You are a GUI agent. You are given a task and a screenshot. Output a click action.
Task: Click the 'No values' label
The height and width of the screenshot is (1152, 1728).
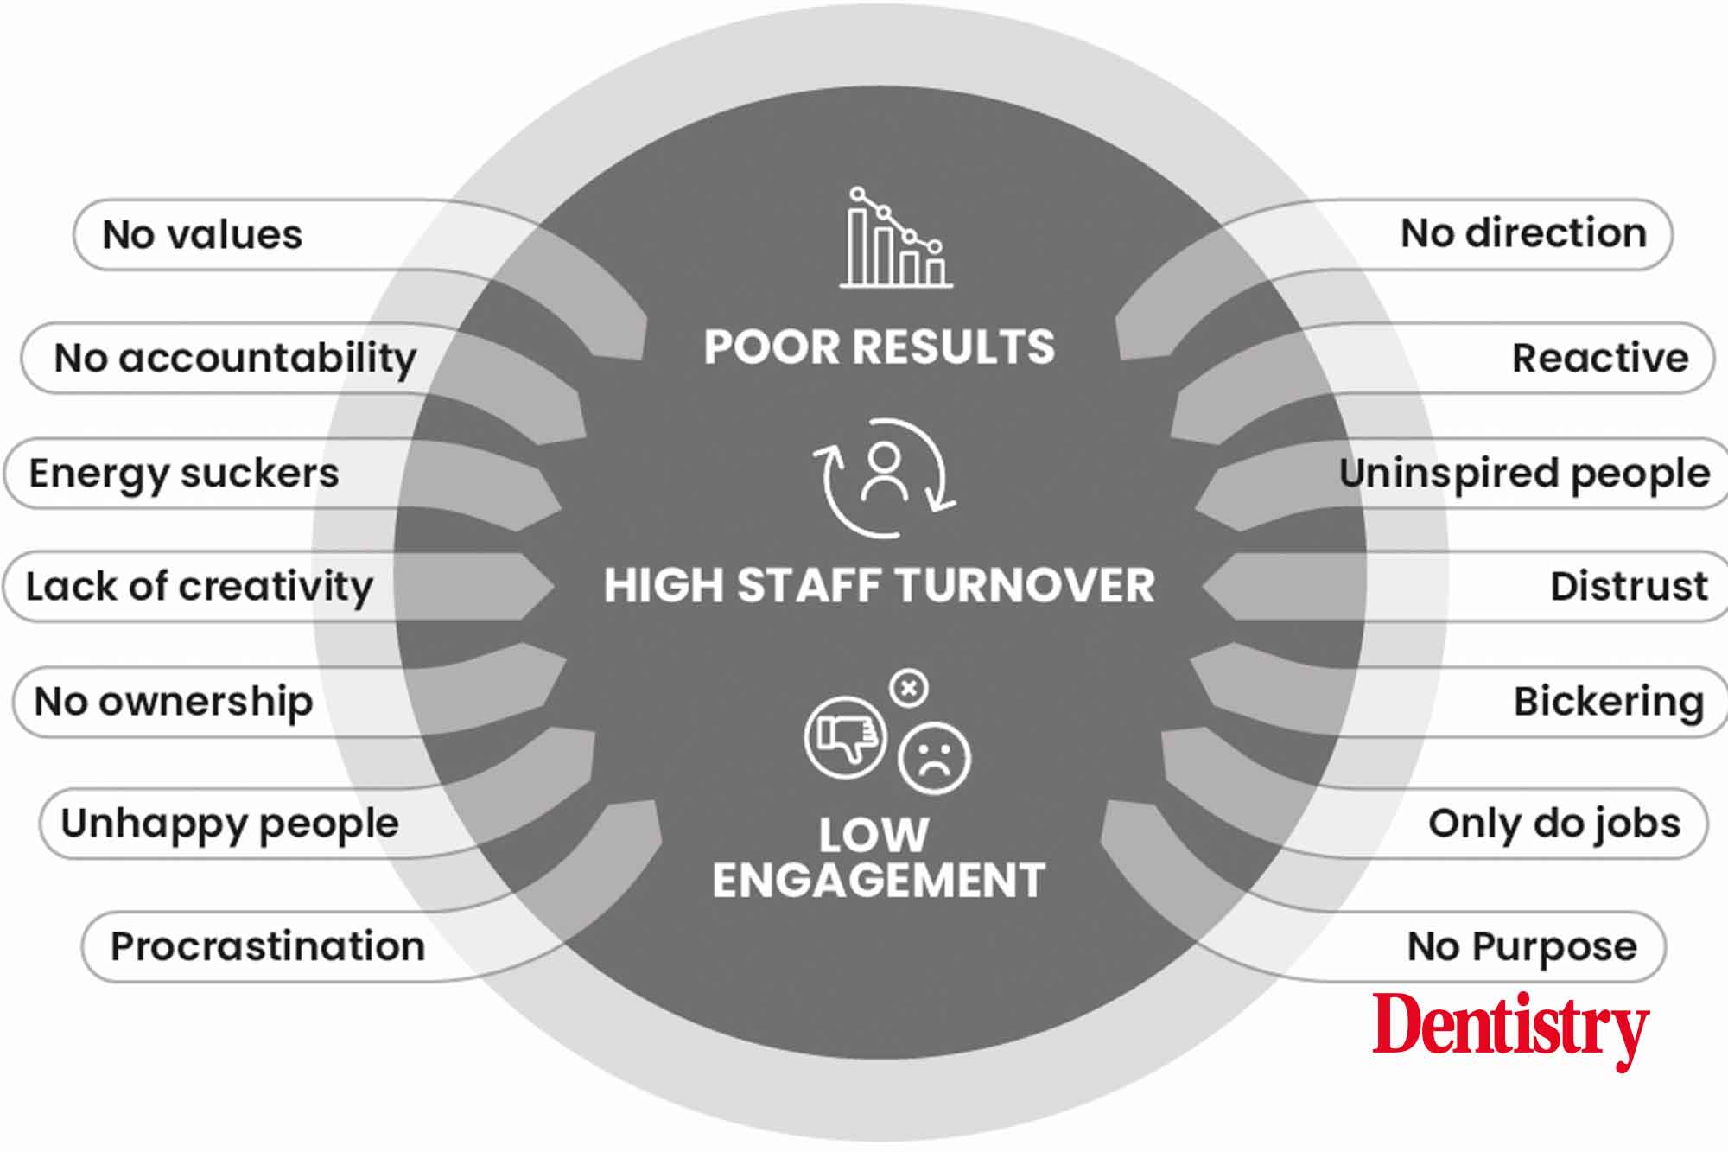[x=202, y=235]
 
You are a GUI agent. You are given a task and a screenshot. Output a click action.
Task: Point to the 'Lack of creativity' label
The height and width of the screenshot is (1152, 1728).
[x=200, y=587]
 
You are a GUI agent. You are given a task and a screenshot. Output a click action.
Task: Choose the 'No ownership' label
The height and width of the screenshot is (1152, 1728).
[x=174, y=702]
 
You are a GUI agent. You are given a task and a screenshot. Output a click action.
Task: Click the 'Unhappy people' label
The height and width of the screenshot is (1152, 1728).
[x=230, y=824]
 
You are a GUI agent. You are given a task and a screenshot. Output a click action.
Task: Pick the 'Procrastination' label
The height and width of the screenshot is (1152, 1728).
[x=268, y=946]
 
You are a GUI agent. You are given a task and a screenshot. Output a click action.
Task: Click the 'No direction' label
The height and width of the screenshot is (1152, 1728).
[x=1523, y=233]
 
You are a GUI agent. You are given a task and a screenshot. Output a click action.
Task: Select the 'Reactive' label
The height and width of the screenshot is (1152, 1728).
[x=1600, y=358]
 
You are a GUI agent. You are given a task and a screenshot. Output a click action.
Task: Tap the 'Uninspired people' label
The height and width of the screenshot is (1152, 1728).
[x=1524, y=474]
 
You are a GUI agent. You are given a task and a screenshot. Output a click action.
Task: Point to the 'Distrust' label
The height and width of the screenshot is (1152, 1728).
[x=1630, y=586]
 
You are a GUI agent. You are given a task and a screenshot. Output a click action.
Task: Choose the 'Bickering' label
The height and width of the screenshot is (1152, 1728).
[x=1609, y=702]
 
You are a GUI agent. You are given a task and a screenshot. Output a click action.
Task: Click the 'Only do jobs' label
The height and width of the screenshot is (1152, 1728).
[x=1554, y=824]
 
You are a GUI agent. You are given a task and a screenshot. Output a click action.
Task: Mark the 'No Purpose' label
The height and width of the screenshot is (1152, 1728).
[x=1522, y=947]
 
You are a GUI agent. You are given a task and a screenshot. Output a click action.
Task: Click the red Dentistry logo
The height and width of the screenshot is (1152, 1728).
[x=1511, y=1028]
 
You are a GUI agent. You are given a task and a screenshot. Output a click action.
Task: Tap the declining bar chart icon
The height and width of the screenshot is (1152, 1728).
[x=896, y=237]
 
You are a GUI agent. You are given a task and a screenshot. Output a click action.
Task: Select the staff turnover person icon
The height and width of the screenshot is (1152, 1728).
[x=884, y=478]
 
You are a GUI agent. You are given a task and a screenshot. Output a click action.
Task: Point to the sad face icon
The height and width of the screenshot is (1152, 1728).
[x=934, y=758]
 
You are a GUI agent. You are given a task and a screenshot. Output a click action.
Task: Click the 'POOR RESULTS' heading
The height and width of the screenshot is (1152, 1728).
[x=880, y=347]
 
